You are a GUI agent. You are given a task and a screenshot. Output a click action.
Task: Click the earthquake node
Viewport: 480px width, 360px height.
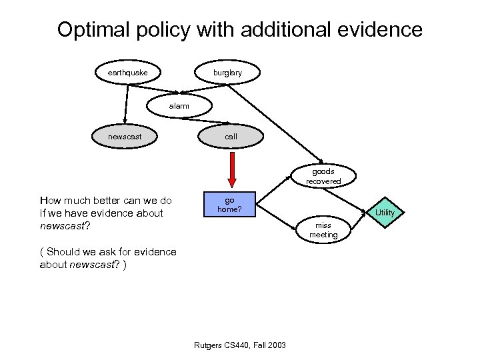tap(123, 72)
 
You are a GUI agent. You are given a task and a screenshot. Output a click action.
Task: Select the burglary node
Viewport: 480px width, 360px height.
tap(228, 73)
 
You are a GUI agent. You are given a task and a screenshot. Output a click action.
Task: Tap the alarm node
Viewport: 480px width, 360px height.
tap(179, 106)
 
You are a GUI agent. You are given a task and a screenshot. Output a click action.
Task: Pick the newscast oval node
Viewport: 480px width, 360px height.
tap(124, 137)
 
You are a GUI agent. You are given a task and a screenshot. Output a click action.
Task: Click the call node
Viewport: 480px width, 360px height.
tap(231, 137)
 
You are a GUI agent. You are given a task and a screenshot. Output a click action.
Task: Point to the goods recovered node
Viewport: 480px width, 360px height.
tap(323, 176)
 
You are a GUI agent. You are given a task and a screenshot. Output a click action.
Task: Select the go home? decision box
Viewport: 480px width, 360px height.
tap(229, 205)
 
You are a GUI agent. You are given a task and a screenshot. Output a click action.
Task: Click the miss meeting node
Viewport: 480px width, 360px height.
tap(323, 230)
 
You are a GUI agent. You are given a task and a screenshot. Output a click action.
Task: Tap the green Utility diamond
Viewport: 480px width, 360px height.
tap(385, 212)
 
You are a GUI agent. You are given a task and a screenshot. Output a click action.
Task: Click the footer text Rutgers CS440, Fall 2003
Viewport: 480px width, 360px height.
tap(239, 345)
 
